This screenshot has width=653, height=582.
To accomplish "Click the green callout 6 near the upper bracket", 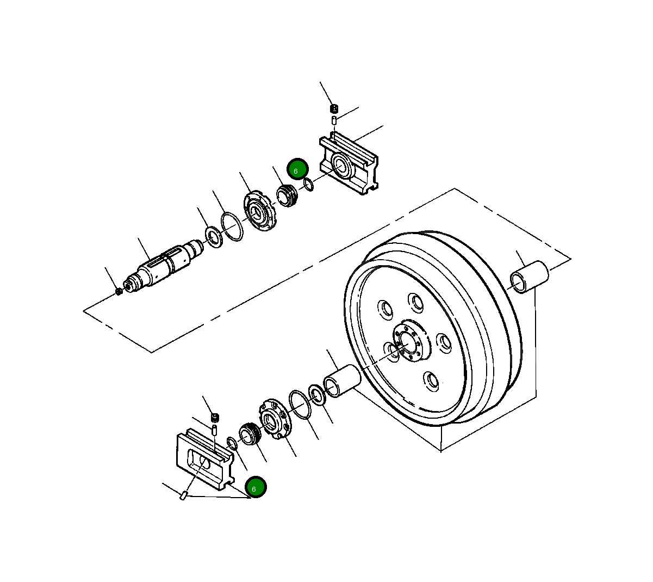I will (297, 169).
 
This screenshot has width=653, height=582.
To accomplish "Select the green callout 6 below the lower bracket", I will (256, 488).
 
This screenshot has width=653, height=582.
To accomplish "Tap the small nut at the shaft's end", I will (119, 292).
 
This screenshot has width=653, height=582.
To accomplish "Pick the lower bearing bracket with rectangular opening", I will (204, 459).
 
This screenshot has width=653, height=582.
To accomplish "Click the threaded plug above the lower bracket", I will (215, 418).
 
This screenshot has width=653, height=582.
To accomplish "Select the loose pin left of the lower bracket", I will (184, 495).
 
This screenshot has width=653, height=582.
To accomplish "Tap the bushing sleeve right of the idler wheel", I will (529, 277).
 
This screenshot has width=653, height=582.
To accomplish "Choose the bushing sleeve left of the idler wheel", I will (342, 379).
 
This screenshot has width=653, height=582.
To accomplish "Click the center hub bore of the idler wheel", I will (405, 343).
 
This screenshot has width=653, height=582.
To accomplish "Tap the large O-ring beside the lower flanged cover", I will (300, 404).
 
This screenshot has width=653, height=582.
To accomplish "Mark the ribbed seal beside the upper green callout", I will (287, 194).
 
